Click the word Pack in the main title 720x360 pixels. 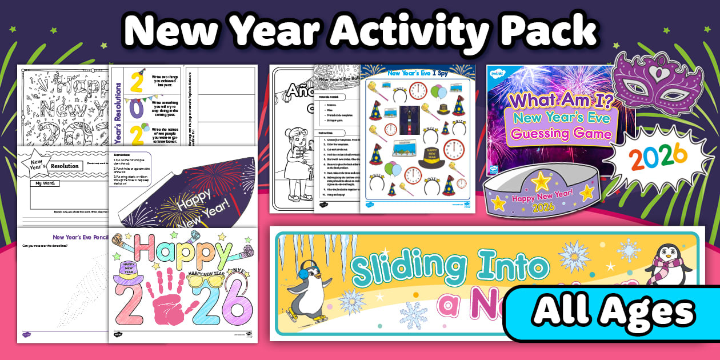pyautogui.click(x=547, y=31)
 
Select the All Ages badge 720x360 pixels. pyautogui.click(x=613, y=313)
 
